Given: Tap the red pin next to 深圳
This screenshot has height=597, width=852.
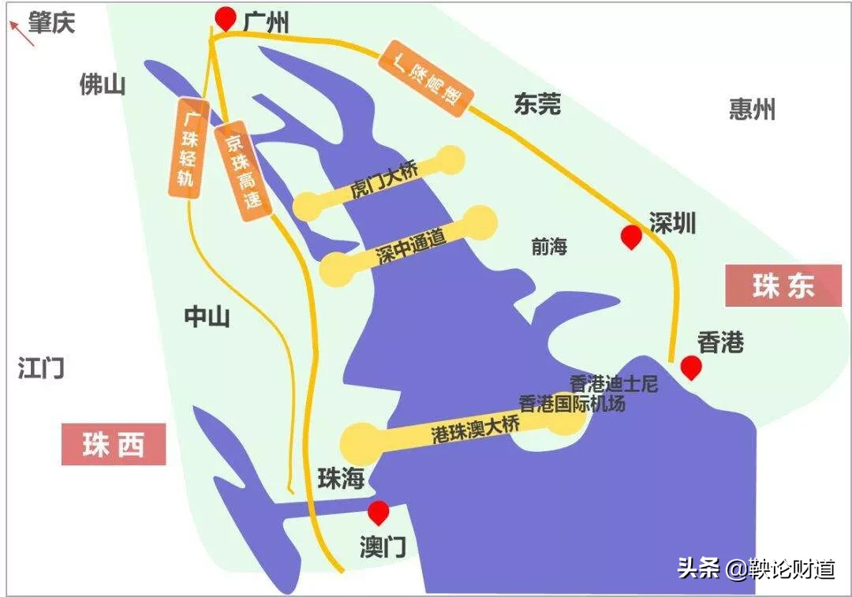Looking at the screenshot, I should (630, 236).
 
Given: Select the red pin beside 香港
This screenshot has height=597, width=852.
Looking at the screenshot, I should (691, 367).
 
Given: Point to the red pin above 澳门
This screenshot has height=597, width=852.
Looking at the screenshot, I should (379, 511).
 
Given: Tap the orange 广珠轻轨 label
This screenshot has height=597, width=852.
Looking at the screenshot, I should (189, 147).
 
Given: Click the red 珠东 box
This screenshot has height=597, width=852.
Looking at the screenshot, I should (783, 285).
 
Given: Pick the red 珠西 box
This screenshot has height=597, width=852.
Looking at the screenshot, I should (114, 445).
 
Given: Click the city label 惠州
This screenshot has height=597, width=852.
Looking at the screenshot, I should (752, 109).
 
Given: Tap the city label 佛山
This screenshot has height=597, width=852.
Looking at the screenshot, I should (103, 84).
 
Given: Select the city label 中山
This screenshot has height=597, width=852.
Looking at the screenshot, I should (207, 317).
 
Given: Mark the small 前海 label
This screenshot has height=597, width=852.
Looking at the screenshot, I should (549, 246).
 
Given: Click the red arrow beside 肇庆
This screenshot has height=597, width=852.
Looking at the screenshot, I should (21, 33).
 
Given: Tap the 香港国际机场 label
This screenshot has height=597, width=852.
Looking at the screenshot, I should (571, 403).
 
